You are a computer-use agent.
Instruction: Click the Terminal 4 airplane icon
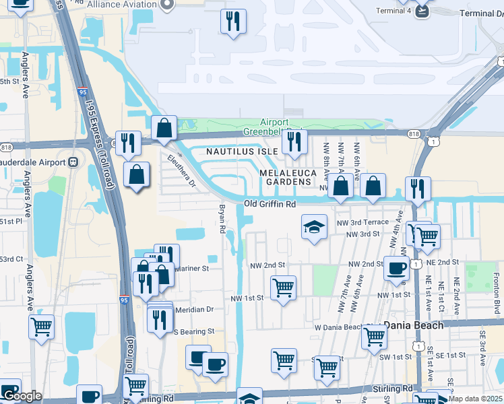pyautogui.click(x=422, y=11)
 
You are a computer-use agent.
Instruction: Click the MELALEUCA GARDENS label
pyautogui.click(x=288, y=177)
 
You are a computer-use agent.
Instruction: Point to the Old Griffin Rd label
pyautogui.click(x=270, y=204)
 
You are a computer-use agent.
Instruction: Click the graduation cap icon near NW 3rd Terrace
pyautogui.click(x=314, y=228)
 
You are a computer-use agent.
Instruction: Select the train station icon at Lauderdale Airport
pyautogui.click(x=73, y=162)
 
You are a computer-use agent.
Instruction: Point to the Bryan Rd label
pyautogui.click(x=221, y=220)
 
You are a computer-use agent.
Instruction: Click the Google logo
pyautogui.click(x=22, y=396)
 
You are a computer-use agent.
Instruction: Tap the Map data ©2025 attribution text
pyautogui.click(x=479, y=399)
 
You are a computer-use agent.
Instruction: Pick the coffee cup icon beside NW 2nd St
pyautogui.click(x=396, y=268)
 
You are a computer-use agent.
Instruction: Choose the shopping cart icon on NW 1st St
pyautogui.click(x=284, y=288)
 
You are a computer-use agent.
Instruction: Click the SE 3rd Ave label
pyautogui.click(x=482, y=364)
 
